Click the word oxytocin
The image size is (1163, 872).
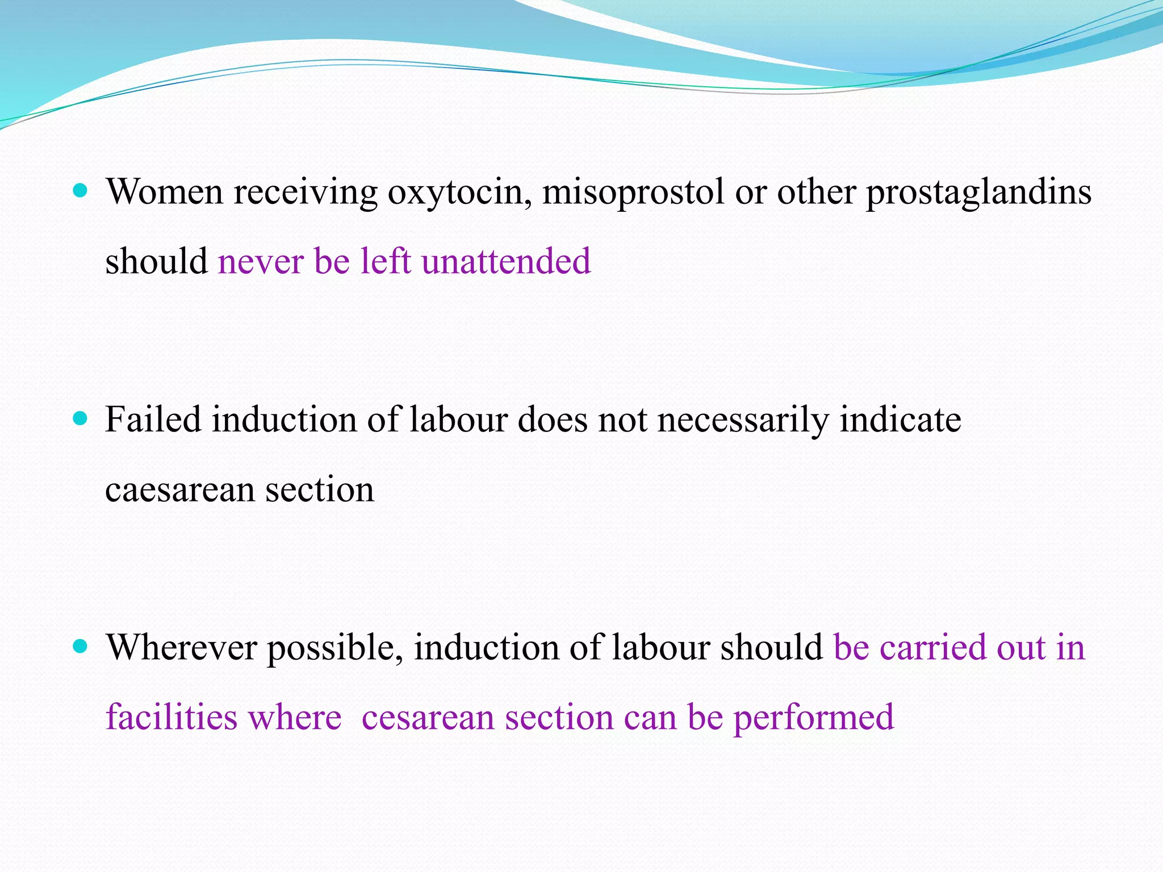click(459, 192)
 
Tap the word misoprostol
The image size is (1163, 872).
click(633, 192)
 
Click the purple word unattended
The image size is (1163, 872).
click(506, 262)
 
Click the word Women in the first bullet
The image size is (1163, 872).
click(164, 192)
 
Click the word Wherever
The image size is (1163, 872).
click(182, 648)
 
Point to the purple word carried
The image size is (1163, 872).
click(932, 648)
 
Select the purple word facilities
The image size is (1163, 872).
click(171, 717)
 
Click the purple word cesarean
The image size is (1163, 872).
click(428, 718)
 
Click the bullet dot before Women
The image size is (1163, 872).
click(81, 191)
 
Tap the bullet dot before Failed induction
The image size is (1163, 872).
click(81, 419)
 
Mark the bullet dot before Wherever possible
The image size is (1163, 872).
click(81, 646)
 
